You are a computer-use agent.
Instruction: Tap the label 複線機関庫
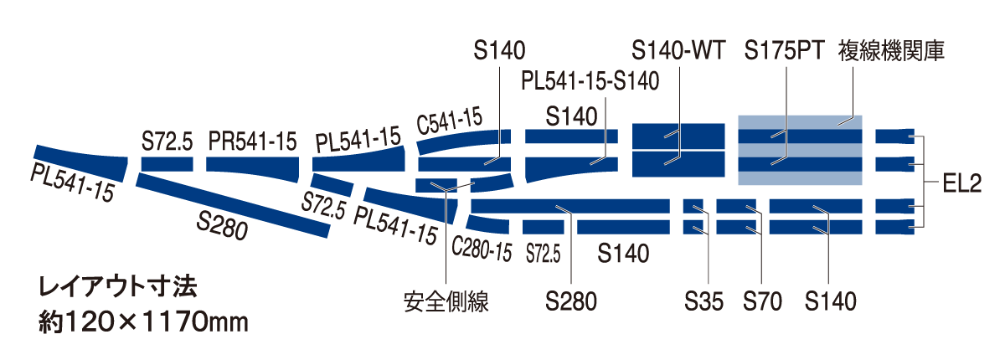tap(891, 52)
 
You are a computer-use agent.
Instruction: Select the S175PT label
tap(786, 52)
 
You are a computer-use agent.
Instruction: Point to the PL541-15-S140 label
tap(590, 81)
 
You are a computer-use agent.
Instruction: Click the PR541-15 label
tap(252, 141)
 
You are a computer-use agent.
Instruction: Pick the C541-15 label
tap(450, 123)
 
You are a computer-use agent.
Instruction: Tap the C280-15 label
tap(481, 249)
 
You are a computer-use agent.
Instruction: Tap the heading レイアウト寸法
tap(118, 289)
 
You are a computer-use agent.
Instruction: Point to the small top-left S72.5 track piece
tap(167, 164)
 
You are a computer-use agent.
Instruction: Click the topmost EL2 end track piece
tap(894, 136)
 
